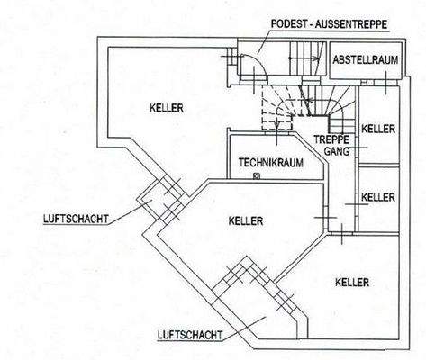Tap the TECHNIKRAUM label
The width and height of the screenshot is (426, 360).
270,163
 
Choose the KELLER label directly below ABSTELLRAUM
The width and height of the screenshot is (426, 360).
378,130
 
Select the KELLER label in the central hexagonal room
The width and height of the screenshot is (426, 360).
245,220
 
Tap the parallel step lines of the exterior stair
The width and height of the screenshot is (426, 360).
302,63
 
